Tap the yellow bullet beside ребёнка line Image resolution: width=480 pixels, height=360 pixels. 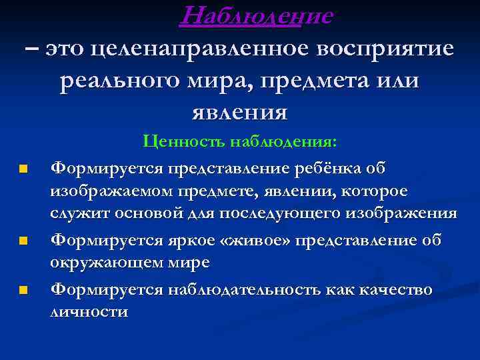click(x=23, y=169)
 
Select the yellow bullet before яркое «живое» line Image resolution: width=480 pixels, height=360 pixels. click(x=23, y=240)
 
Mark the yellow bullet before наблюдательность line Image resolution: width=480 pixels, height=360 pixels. click(x=23, y=290)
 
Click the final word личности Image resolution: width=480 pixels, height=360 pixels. click(x=89, y=312)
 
